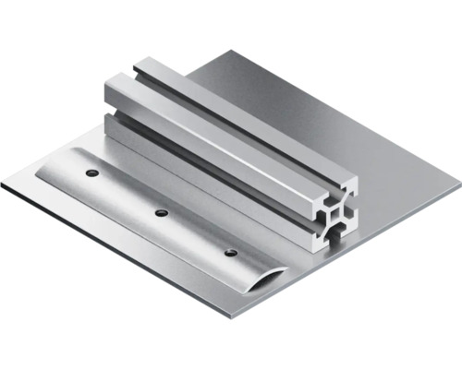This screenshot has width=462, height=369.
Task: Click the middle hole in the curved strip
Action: [161, 213]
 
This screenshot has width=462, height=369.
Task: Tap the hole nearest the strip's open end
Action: [230, 252]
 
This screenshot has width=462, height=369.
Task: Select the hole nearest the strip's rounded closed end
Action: [91, 173]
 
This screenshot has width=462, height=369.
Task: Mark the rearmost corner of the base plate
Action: [222, 53]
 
